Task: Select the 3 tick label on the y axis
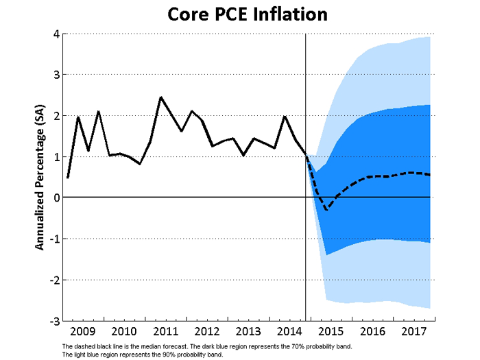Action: click(54, 75)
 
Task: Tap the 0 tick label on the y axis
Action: click(54, 197)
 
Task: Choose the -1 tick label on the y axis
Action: click(52, 239)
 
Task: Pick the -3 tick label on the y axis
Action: click(52, 320)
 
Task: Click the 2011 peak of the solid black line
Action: click(160, 97)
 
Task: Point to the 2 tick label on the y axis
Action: click(54, 116)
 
